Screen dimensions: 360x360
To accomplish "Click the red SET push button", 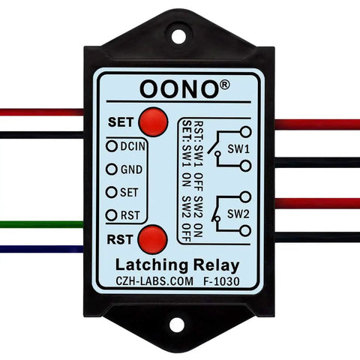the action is pyautogui.click(x=153, y=122).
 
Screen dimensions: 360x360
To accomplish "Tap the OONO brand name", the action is pyautogui.click(x=178, y=89).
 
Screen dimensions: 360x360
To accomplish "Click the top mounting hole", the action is pyautogui.click(x=178, y=37).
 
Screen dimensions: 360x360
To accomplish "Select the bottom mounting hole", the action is pyautogui.click(x=177, y=325).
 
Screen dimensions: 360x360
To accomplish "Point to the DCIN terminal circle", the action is pyautogui.click(x=112, y=146).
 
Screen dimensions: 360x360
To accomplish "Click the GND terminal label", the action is pyautogui.click(x=131, y=169).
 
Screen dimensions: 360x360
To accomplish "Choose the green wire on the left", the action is pyautogui.click(x=41, y=224).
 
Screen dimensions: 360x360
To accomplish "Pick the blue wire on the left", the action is pyautogui.click(x=41, y=249).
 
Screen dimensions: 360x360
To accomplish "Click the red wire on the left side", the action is pyautogui.click(x=41, y=112).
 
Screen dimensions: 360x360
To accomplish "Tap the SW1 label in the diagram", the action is pyautogui.click(x=238, y=149).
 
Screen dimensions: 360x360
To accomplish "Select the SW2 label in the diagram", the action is pyautogui.click(x=238, y=214).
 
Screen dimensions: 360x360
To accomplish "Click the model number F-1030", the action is pyautogui.click(x=221, y=281).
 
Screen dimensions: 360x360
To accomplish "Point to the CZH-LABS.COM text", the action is pyautogui.click(x=154, y=281).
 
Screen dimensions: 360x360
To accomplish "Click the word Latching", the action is pyautogui.click(x=151, y=265).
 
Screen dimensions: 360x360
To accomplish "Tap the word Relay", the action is pyautogui.click(x=217, y=266).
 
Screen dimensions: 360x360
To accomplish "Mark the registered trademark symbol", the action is pyautogui.click(x=224, y=85).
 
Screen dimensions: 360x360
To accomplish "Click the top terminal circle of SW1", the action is pyautogui.click(x=245, y=132).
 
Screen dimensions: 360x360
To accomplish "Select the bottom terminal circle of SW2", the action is pyautogui.click(x=245, y=231).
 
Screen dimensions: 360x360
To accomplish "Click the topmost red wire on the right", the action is pyautogui.click(x=317, y=124).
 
